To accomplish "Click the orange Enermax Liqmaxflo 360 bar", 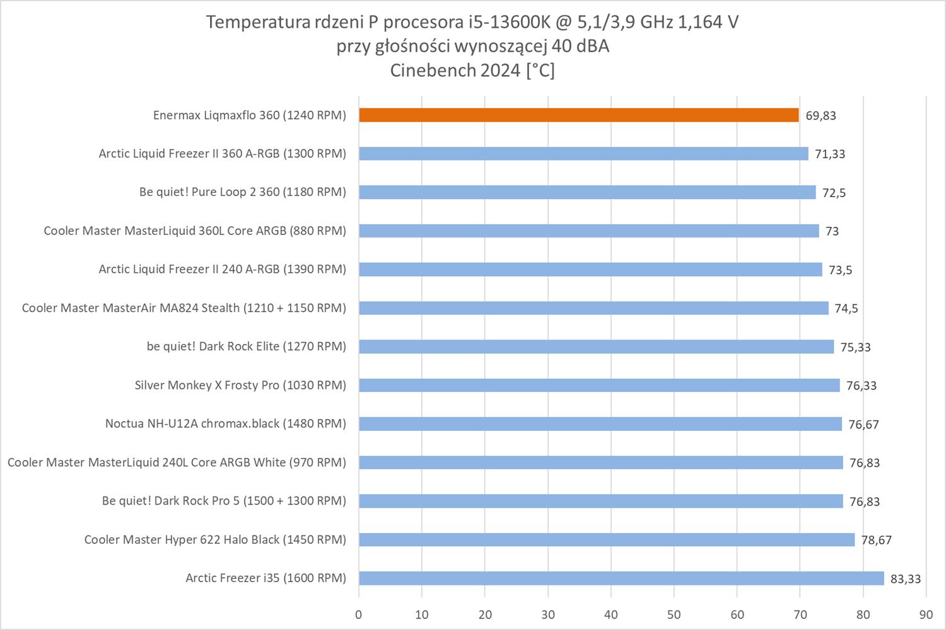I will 578,115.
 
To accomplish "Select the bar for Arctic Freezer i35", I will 621,578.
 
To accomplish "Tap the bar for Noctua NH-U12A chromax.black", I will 600,424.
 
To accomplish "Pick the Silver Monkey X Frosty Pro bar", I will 599,386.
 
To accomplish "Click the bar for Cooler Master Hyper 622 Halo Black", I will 606,540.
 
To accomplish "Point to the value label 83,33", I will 905,579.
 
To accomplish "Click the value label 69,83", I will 820,116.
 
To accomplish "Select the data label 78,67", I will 876,541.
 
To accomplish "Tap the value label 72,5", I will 834,193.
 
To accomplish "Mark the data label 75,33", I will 855,347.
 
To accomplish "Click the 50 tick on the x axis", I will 674,615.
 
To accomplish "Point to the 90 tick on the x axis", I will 925,615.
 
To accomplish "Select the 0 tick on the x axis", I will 359,615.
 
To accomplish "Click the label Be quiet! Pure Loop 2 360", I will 242,192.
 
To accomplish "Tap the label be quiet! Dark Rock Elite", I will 246,346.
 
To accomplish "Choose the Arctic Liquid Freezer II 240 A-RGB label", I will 222,270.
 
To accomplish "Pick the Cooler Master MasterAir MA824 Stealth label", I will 184,308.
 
